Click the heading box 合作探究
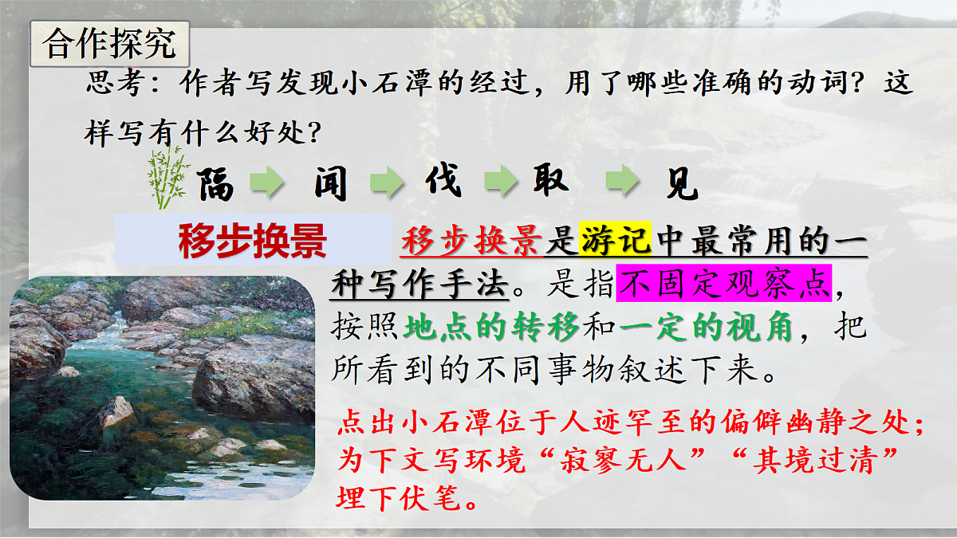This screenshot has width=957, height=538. tap(109, 45)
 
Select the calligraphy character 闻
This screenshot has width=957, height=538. tap(330, 184)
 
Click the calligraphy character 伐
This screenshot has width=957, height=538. tap(443, 182)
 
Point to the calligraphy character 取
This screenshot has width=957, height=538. tap(550, 183)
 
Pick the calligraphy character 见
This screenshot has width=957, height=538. tap(680, 184)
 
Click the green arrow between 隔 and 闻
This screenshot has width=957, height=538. tap(268, 183)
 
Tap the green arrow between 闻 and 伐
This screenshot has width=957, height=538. tap(385, 183)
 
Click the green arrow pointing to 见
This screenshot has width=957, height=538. tap(622, 183)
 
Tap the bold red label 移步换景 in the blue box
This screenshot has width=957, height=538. tap(252, 240)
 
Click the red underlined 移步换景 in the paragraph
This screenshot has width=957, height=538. tap(472, 240)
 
